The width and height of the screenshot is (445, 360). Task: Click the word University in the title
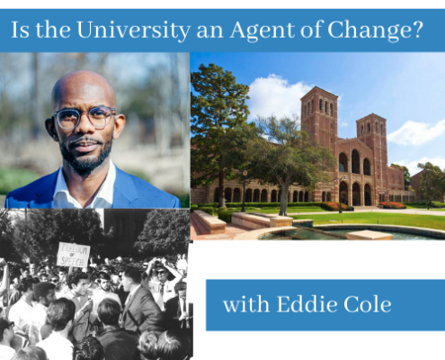coord(133,30)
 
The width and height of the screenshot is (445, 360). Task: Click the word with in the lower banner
coord(246,304)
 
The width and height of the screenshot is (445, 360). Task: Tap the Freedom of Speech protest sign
coord(73,255)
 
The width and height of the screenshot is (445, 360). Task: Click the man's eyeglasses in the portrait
coord(85,118)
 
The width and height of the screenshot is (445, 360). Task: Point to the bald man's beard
coord(85,156)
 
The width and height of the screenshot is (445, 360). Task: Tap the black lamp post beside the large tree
coord(245,191)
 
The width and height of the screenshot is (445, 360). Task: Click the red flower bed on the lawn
coord(392,205)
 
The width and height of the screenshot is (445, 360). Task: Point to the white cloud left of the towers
coord(276,96)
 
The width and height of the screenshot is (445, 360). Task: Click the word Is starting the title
coord(20,30)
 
